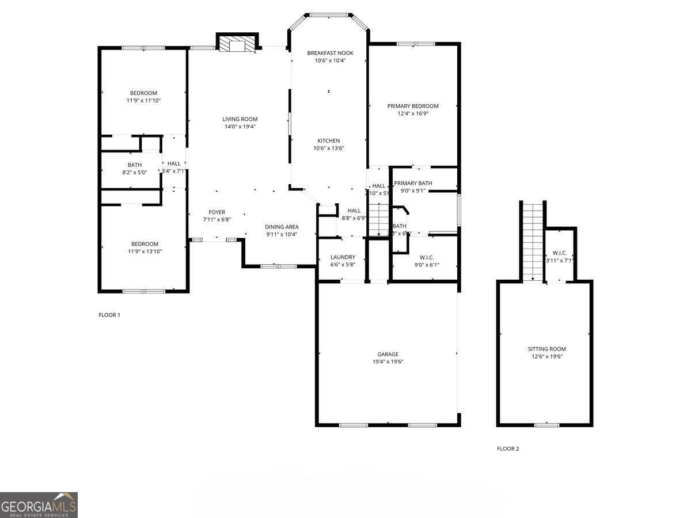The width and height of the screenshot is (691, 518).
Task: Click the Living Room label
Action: (240, 119)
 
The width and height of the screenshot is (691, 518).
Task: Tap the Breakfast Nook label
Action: (330, 53)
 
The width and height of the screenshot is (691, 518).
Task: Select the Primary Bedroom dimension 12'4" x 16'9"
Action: (413, 113)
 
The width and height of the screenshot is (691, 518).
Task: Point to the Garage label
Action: (388, 354)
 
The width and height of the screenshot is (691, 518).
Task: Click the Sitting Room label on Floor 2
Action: (546, 349)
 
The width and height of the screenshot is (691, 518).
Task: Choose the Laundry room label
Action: (343, 257)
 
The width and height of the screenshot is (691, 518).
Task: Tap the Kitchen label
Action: (329, 140)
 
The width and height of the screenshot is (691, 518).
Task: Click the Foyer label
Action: (217, 212)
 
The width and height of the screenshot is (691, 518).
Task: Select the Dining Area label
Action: (281, 227)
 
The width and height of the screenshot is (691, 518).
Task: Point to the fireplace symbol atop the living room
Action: (236, 45)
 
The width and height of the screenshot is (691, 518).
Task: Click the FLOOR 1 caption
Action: (109, 315)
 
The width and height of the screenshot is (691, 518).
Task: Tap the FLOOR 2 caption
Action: (508, 448)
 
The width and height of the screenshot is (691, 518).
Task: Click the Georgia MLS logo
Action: (39, 505)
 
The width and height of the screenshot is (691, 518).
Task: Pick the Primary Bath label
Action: (413, 183)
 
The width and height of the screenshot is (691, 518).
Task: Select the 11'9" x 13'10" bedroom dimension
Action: (143, 251)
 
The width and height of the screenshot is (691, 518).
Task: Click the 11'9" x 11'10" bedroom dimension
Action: (143, 100)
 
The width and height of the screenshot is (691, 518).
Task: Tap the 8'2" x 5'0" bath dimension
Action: (134, 172)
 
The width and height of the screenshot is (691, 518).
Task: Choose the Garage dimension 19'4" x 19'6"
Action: (388, 361)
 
